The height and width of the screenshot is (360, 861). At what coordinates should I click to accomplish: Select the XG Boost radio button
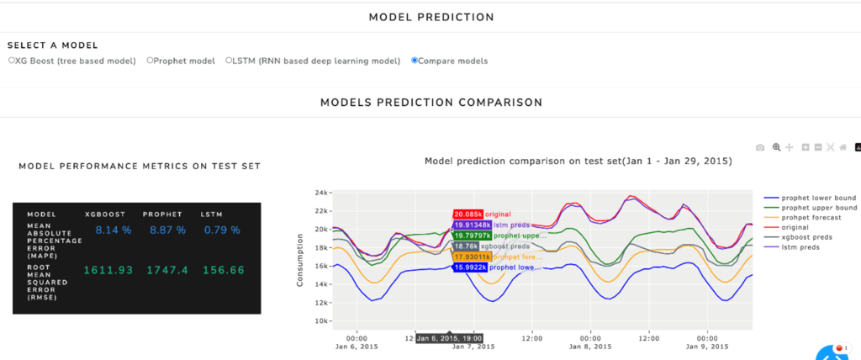pyautogui.click(x=11, y=61)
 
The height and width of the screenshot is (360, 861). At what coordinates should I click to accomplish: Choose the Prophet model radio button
pyautogui.click(x=150, y=61)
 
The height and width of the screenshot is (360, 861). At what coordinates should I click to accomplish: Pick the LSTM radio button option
pyautogui.click(x=228, y=61)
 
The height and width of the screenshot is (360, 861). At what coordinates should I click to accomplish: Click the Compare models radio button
pyautogui.click(x=414, y=61)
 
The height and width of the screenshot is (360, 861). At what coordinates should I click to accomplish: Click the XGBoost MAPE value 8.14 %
pyautogui.click(x=114, y=230)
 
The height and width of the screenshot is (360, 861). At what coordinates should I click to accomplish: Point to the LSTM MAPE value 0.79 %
pyautogui.click(x=221, y=230)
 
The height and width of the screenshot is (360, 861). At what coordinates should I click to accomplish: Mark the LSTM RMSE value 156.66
pyautogui.click(x=221, y=270)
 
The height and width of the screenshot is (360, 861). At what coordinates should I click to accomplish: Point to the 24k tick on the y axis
pyautogui.click(x=320, y=193)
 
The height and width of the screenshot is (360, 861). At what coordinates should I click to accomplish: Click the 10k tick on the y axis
pyautogui.click(x=320, y=321)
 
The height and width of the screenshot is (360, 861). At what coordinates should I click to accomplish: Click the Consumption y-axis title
pyautogui.click(x=300, y=257)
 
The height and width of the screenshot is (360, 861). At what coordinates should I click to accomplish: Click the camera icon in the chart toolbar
pyautogui.click(x=760, y=147)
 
